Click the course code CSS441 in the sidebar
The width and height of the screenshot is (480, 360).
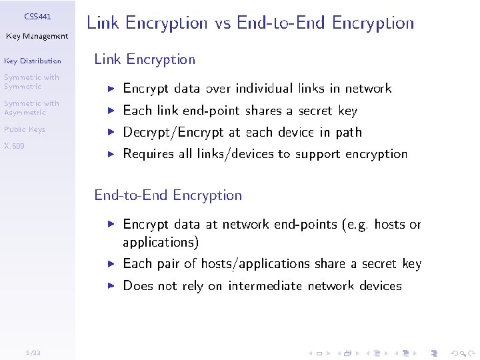[37, 16]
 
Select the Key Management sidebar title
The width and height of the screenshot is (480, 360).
[37, 36]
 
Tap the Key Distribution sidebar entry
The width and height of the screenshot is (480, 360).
[32, 61]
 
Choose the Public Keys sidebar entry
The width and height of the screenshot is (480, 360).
[24, 129]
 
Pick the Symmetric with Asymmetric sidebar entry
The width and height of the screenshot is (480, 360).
[31, 108]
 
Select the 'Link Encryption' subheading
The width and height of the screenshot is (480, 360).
[145, 59]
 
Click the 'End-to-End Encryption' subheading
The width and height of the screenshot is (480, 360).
[168, 195]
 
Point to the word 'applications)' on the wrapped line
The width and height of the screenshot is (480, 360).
[161, 242]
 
